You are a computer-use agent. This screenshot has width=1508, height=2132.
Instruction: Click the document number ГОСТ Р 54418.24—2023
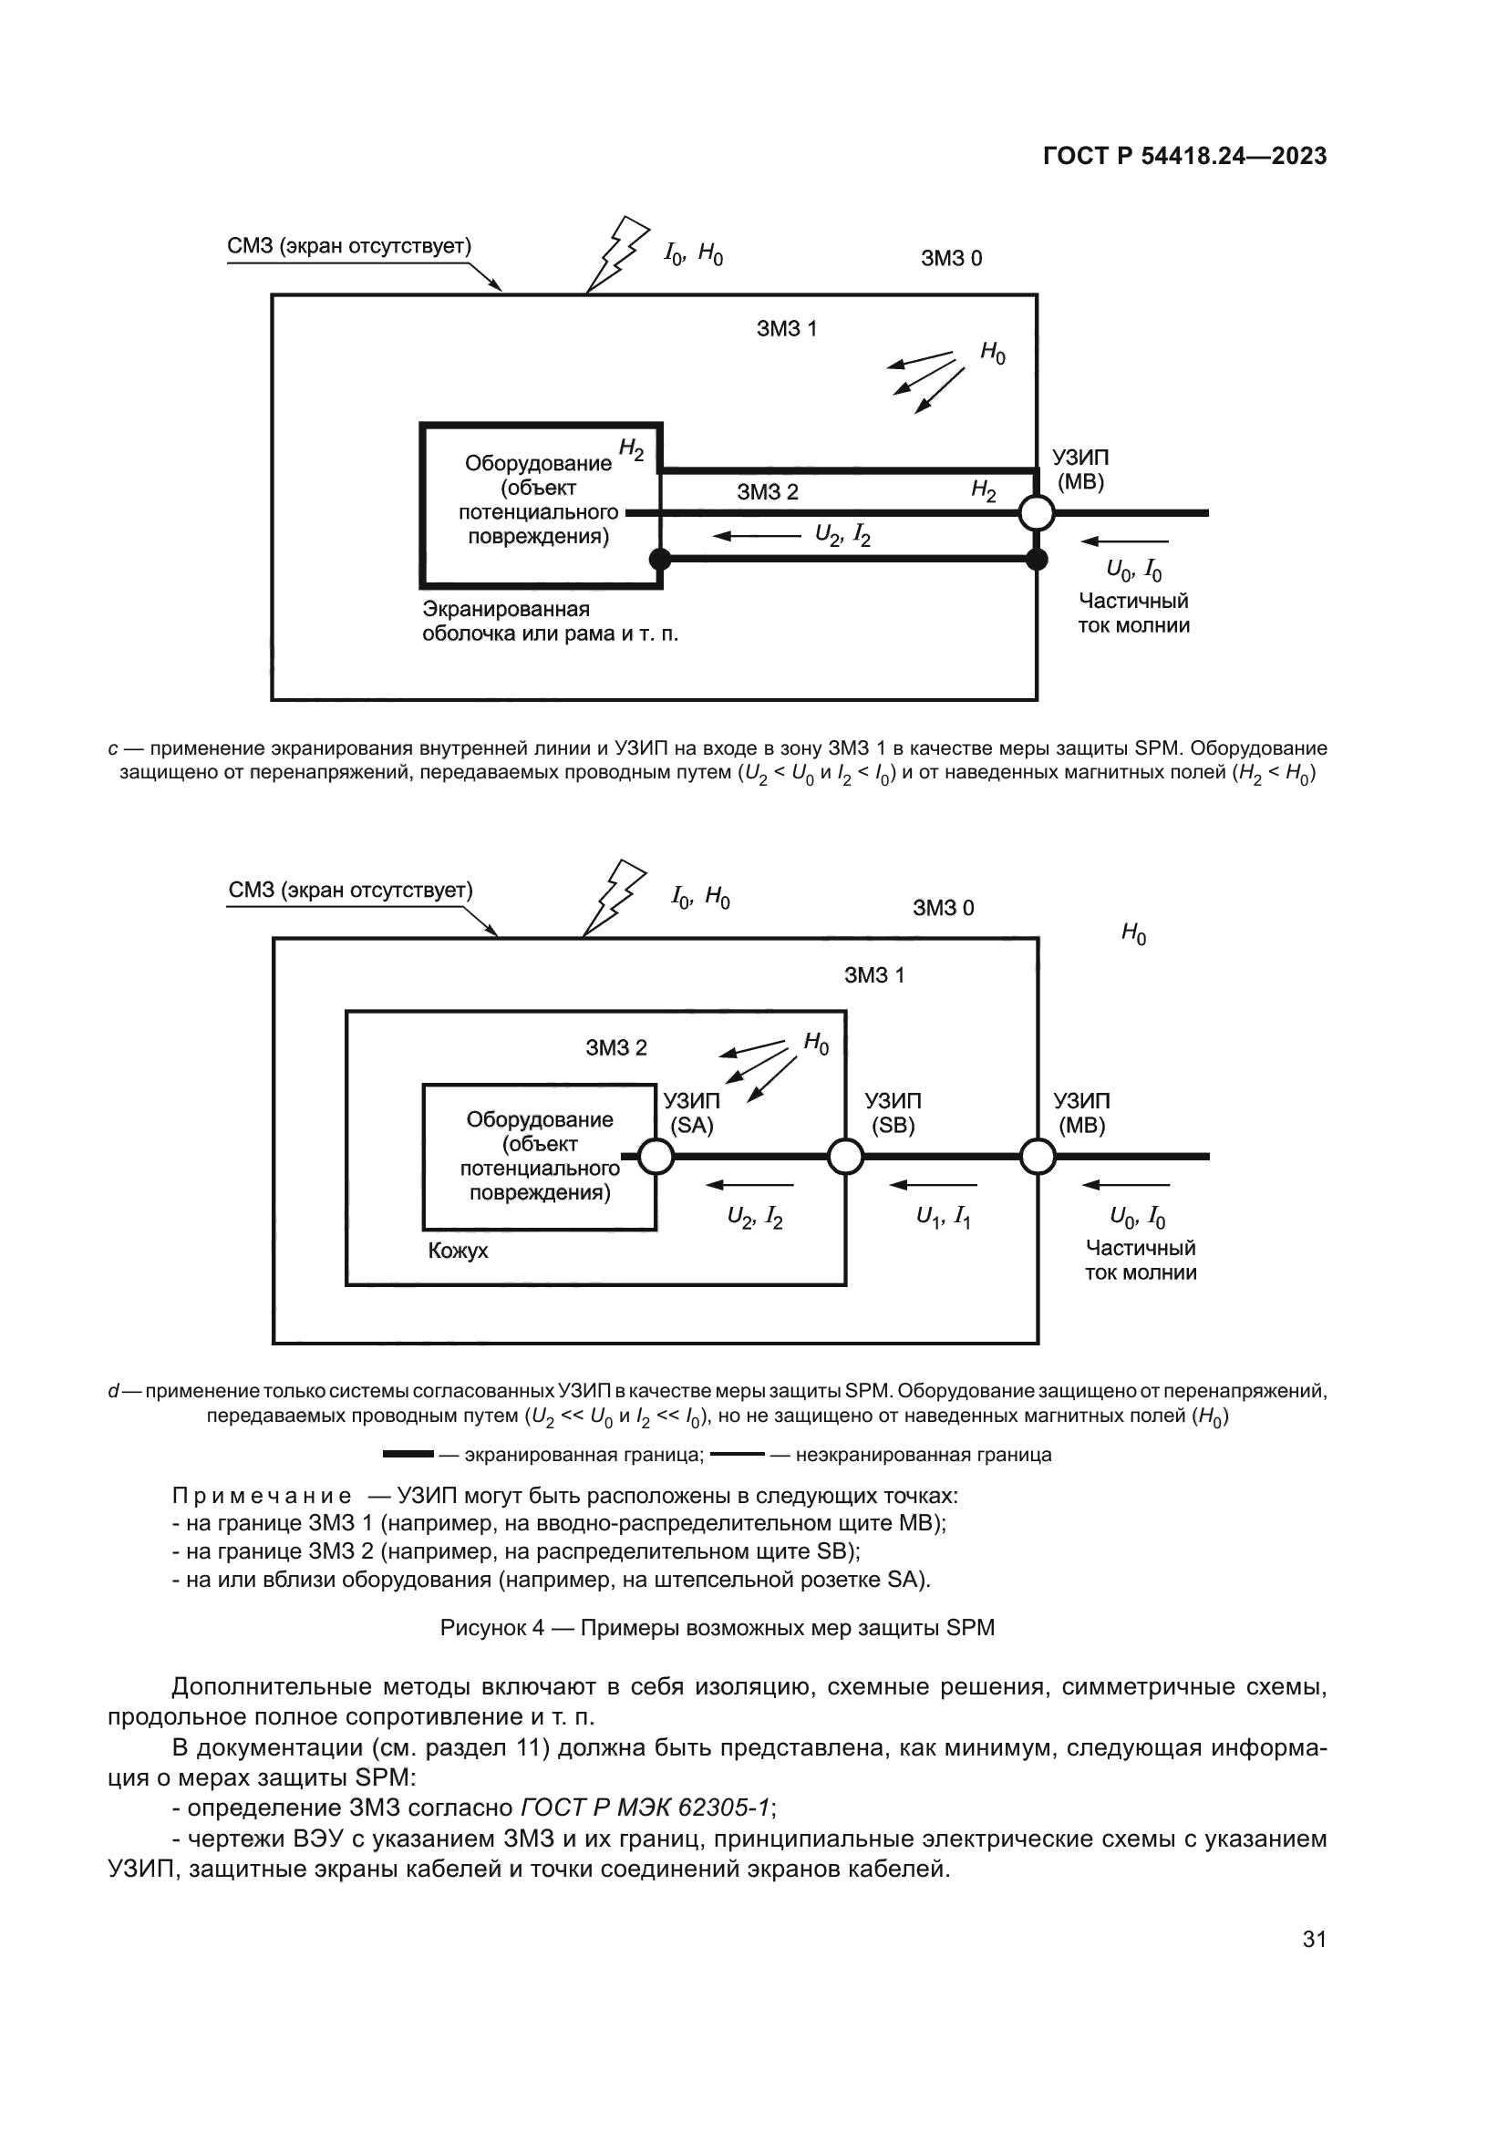(1184, 156)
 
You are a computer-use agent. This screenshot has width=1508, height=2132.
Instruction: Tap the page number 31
(1314, 1940)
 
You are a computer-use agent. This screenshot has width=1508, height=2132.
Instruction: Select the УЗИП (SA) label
(692, 1112)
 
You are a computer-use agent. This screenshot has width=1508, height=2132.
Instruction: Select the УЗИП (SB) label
(893, 1112)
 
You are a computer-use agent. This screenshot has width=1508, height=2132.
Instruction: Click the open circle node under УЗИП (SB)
(845, 1157)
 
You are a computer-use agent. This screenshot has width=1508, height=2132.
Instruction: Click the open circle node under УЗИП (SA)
(656, 1157)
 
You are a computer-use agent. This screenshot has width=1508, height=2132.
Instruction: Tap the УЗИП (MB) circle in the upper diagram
(1037, 512)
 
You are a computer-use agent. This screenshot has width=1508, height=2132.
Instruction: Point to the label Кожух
(458, 1251)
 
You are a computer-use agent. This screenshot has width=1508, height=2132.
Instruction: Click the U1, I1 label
(944, 1217)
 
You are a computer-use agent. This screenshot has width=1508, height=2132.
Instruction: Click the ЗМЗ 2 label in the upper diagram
(767, 492)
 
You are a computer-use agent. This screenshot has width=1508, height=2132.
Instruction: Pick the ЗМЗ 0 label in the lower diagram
(944, 908)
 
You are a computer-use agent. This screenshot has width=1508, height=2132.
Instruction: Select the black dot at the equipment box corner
(659, 559)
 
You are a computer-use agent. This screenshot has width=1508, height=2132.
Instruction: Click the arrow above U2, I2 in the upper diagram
(756, 536)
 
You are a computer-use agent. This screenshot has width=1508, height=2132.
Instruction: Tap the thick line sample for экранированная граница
(408, 1454)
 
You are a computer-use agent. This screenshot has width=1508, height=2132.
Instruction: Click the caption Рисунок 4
(717, 1628)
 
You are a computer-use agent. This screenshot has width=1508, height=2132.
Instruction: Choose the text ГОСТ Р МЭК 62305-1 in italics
(646, 1808)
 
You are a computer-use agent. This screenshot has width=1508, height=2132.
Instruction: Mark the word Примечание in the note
(262, 1496)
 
